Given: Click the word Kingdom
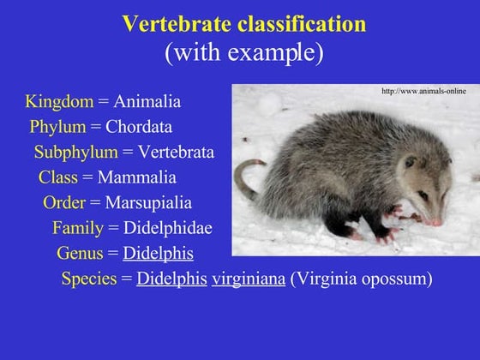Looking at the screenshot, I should coord(59,102).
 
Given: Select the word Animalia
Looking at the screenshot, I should coord(147,102).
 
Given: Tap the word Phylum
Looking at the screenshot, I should coord(57,128).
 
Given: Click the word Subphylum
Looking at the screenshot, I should coord(75,153).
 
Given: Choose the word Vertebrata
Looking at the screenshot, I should coord(176,153).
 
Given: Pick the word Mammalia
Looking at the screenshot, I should coord(137,178).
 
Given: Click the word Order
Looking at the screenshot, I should coord(64,203).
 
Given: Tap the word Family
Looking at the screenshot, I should coord(77,229).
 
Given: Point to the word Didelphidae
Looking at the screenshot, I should coord(168,229).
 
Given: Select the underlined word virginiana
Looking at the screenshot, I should coord(249,279).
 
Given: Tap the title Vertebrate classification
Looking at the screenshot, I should coord(243,24).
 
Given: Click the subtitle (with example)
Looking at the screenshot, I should coord(243,53).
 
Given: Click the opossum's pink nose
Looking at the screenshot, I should coord(436,222).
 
